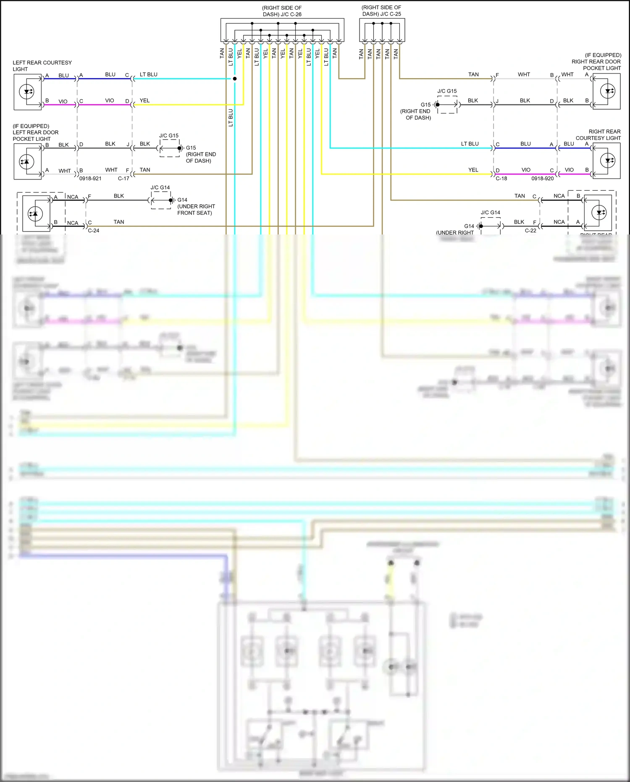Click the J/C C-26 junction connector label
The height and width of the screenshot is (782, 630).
(282, 11)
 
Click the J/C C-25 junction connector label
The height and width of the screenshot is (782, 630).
(381, 11)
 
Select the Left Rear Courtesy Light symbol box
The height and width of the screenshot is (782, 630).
(28, 92)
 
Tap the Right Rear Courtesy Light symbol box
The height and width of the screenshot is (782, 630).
(606, 161)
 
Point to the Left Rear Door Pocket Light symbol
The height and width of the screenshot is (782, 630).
(28, 162)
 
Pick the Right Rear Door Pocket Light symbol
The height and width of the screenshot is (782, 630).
(606, 91)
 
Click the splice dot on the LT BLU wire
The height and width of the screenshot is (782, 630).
(235, 79)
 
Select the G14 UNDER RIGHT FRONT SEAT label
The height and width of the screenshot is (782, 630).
(196, 206)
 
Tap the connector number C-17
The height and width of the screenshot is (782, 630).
(123, 179)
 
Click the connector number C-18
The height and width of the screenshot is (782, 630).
(501, 179)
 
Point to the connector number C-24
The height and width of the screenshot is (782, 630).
(94, 231)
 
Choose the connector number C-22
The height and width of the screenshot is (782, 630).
(530, 231)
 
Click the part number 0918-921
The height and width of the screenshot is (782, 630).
(90, 179)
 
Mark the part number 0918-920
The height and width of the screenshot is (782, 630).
(543, 179)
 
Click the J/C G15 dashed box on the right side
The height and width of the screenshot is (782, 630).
(447, 105)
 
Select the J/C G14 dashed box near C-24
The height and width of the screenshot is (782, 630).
(161, 200)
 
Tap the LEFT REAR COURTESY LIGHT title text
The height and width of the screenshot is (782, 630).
(42, 66)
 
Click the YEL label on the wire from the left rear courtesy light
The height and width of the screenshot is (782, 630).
(144, 101)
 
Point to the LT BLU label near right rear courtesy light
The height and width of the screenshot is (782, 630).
(470, 144)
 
